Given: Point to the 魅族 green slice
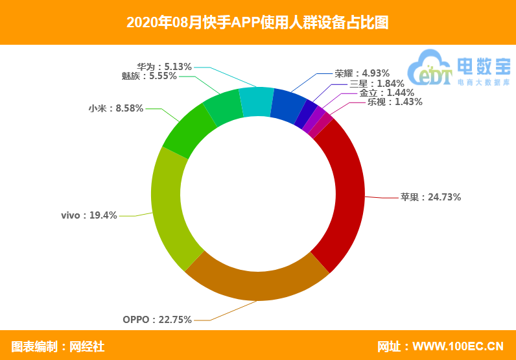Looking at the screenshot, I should point(222,110).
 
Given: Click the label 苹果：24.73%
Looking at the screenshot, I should point(430,197).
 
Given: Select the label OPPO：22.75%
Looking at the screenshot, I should point(157,319).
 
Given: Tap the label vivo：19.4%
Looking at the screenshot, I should point(89,215).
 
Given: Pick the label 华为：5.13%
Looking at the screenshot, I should point(165,66).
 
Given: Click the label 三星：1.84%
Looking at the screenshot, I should point(376,83).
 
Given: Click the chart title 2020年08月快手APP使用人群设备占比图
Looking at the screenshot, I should point(257,23).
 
